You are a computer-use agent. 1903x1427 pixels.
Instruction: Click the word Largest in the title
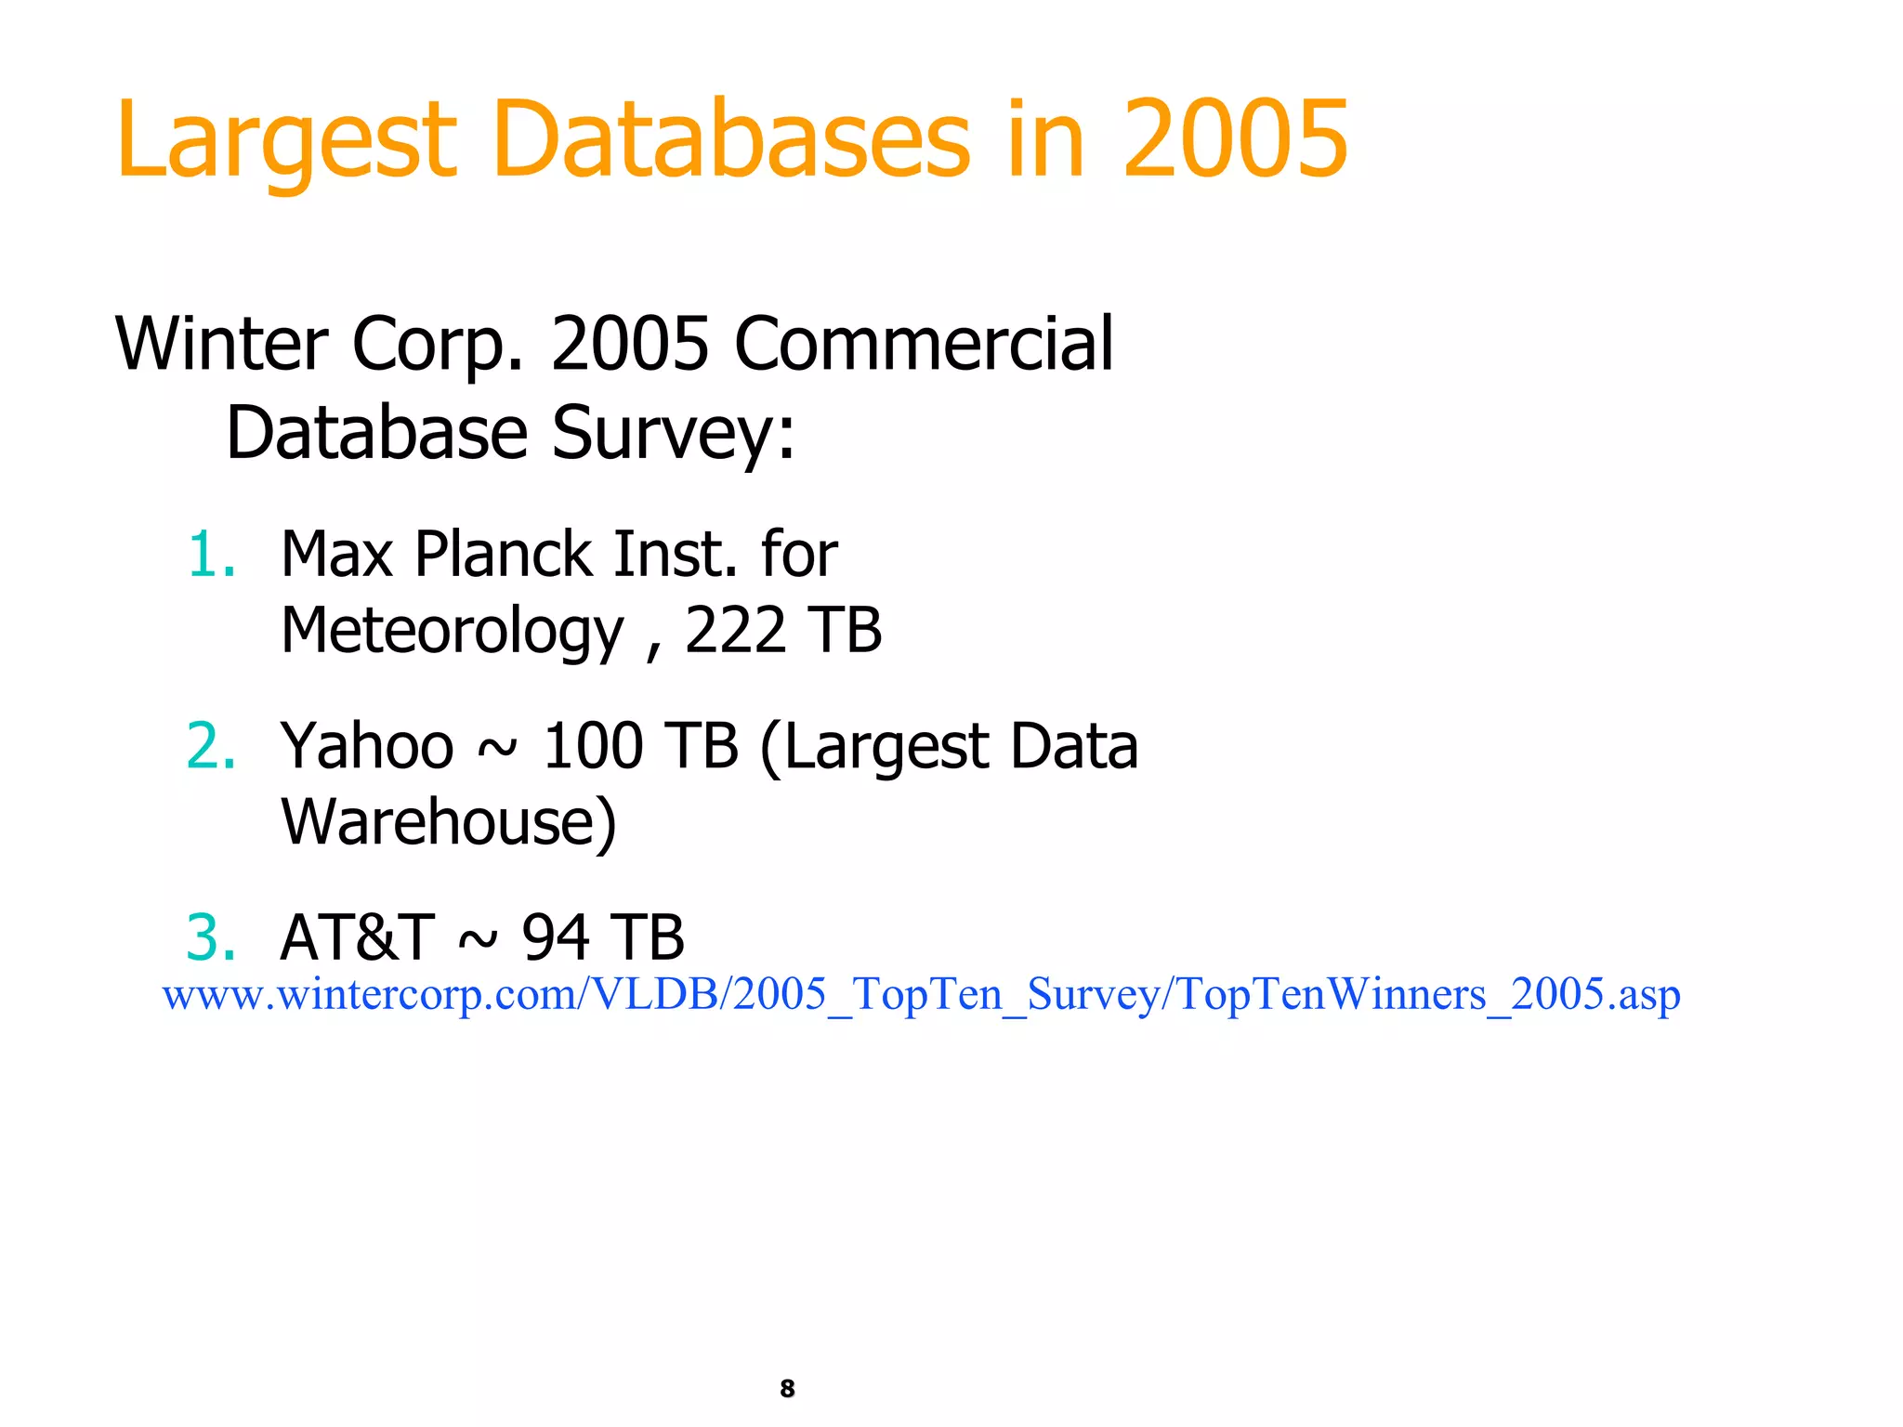(286, 141)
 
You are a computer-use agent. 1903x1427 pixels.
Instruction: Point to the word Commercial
(924, 344)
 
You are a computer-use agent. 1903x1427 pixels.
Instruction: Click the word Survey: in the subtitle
(674, 433)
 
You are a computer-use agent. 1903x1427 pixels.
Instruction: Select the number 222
(735, 632)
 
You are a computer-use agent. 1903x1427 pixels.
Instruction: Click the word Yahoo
(367, 746)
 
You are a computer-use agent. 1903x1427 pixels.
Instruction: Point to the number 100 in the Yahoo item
(593, 746)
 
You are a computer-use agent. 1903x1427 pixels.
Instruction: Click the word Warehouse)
(449, 822)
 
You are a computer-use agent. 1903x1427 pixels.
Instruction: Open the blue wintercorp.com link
(921, 994)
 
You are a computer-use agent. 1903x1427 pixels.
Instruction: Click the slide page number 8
(787, 1388)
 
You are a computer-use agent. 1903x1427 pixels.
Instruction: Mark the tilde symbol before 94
(478, 940)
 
